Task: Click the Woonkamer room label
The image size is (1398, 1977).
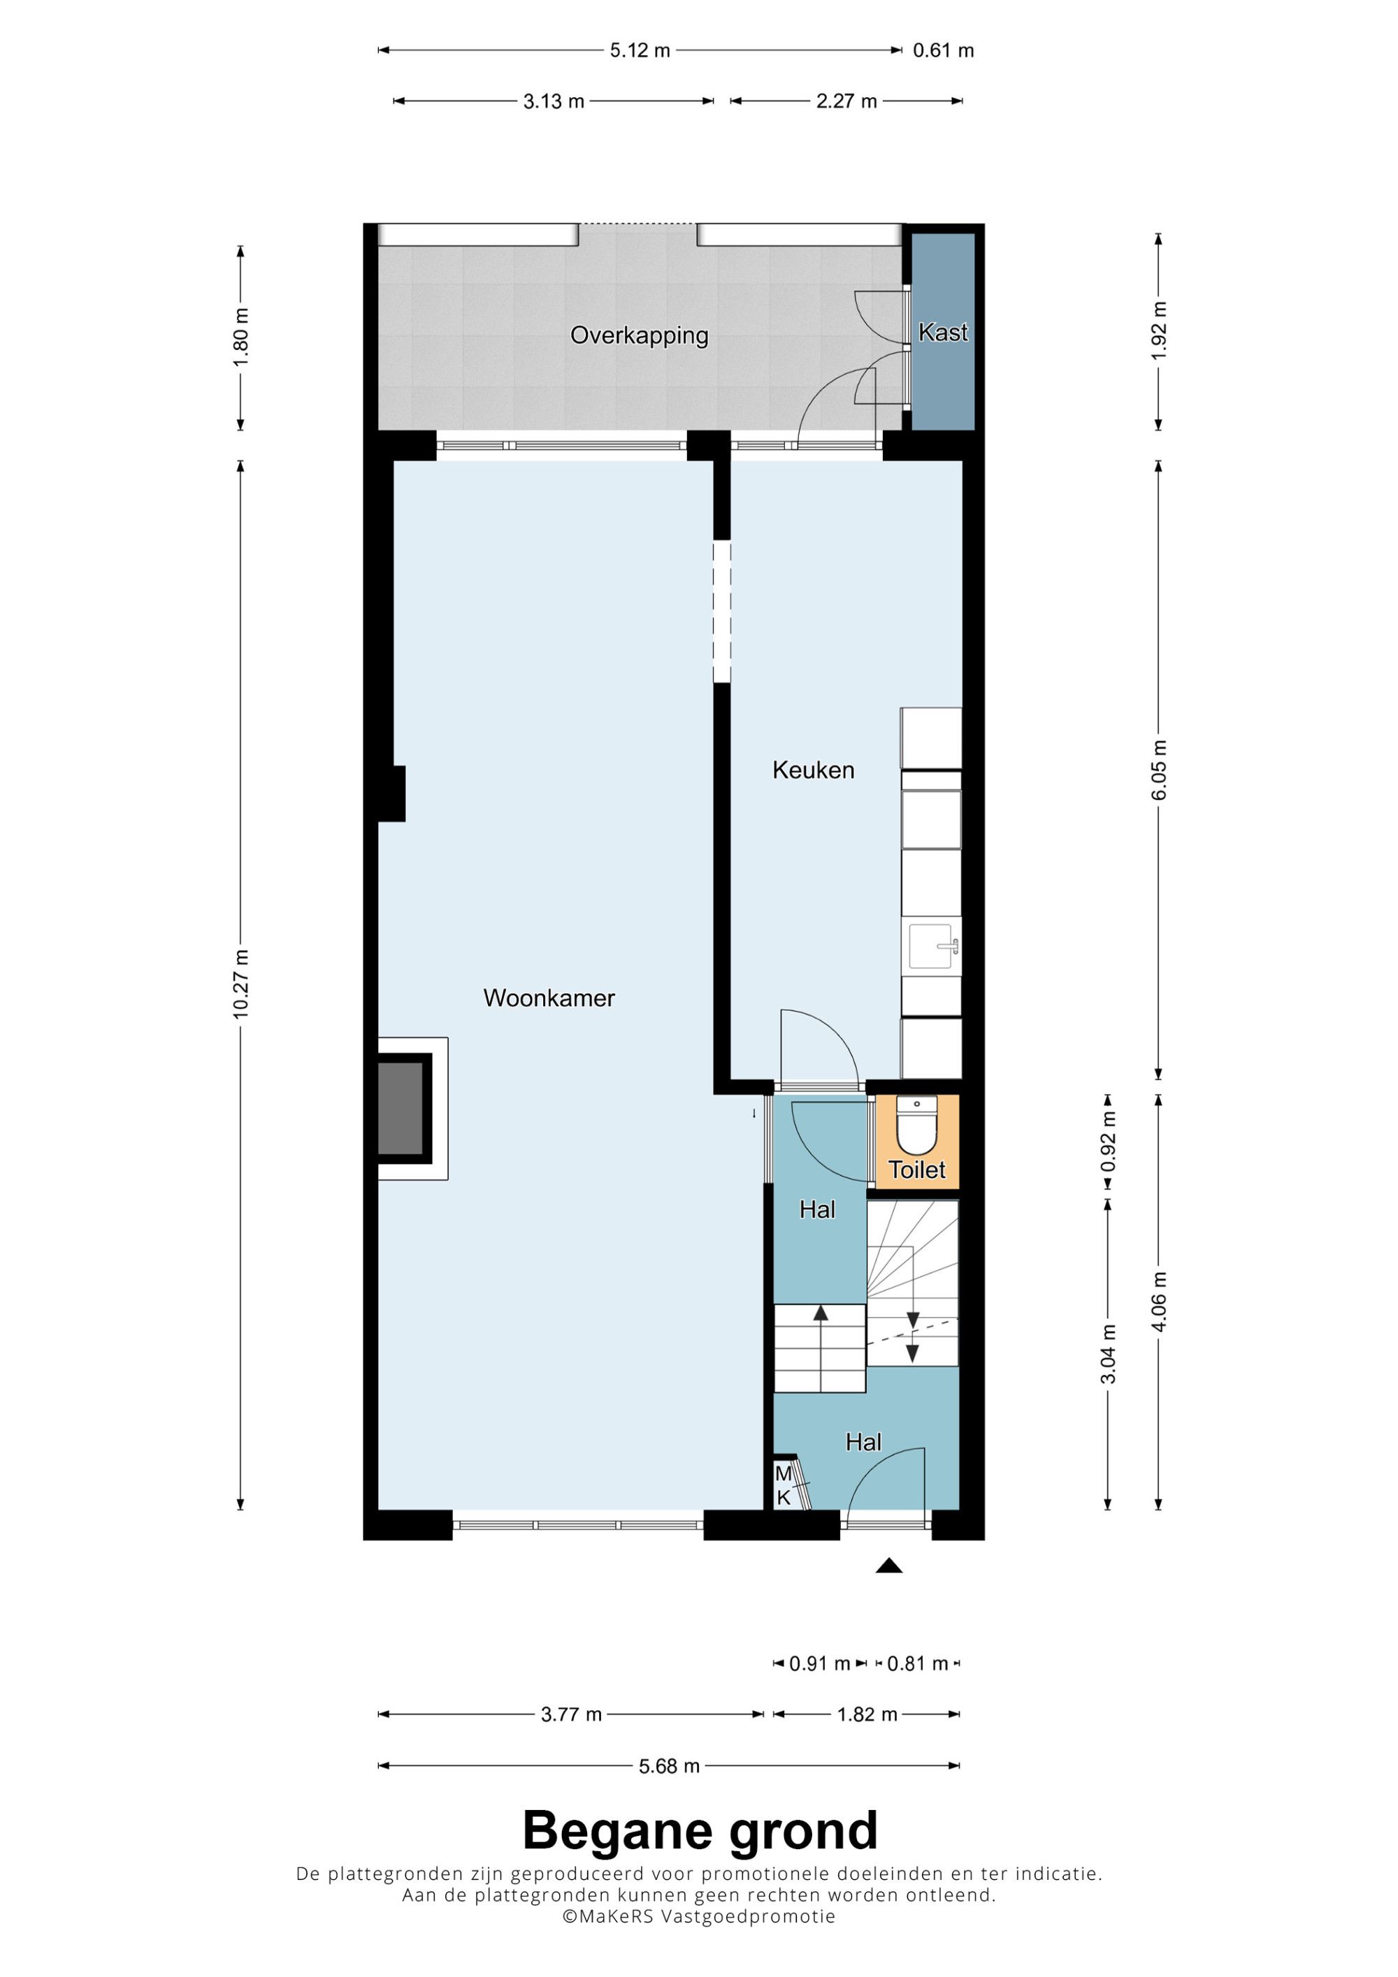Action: point(549,998)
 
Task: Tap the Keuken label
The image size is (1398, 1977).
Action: point(813,770)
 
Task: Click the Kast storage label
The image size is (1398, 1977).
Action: point(942,333)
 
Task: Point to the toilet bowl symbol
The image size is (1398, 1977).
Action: point(916,1125)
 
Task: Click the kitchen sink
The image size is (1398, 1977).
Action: point(931,948)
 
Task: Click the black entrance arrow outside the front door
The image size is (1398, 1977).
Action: point(889,1566)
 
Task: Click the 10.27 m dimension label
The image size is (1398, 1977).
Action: point(240,984)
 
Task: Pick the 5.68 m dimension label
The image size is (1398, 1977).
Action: point(669,1766)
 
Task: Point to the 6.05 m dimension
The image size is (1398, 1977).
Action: point(1158,770)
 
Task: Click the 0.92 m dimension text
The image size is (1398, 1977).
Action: point(1109,1141)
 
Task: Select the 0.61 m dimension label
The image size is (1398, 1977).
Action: point(943,51)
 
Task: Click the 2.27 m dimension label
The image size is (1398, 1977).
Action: point(846,101)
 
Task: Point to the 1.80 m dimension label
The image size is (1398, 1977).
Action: point(240,337)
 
